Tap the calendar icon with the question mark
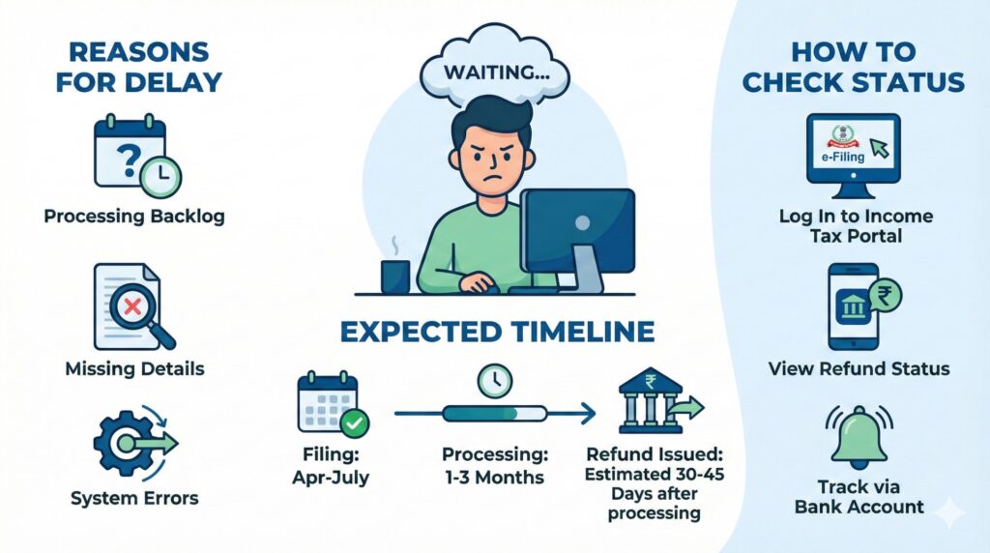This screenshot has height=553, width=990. (130, 153)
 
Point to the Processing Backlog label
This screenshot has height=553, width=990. (134, 216)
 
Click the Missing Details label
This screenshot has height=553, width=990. (134, 368)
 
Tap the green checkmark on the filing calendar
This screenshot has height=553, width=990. (354, 422)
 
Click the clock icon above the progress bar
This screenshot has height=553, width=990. (494, 380)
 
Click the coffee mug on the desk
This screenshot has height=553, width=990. (394, 276)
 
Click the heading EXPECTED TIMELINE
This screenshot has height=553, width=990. (495, 333)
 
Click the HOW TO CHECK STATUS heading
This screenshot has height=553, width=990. (853, 67)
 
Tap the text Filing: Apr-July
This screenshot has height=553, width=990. (333, 464)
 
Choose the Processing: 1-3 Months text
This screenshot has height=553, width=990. (494, 464)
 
